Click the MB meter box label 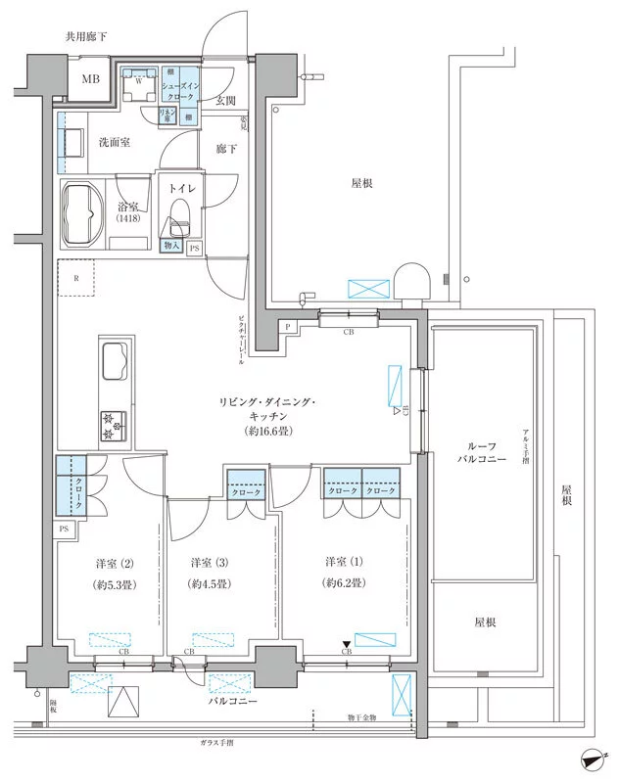point(90,78)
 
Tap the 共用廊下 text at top point(86,36)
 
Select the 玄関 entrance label point(225,101)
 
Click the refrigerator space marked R point(76,278)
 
